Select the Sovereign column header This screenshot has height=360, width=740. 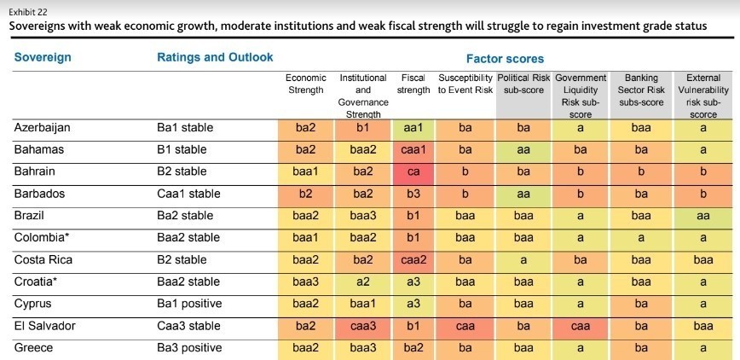click(x=43, y=58)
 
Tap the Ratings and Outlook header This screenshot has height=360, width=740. click(x=215, y=58)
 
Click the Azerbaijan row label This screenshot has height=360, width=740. click(x=42, y=128)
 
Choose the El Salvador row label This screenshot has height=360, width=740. click(x=44, y=326)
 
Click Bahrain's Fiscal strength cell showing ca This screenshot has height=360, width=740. click(x=413, y=171)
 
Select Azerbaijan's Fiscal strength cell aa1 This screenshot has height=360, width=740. click(x=413, y=128)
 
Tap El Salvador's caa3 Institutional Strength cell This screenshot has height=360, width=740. click(x=362, y=326)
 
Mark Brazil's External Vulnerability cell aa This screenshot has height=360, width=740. click(x=703, y=216)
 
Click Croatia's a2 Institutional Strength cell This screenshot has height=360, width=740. click(x=362, y=282)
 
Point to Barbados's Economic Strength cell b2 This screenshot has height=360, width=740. click(x=305, y=194)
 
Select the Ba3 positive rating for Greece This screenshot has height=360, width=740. click(x=189, y=348)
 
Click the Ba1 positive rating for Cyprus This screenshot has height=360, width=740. click(x=189, y=304)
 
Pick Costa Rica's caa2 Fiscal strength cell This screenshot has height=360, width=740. click(x=413, y=259)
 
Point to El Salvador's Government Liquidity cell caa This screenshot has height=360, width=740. click(x=581, y=326)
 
